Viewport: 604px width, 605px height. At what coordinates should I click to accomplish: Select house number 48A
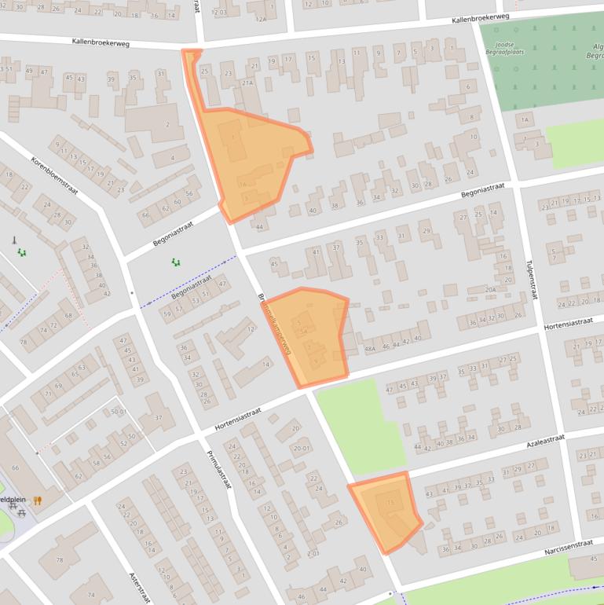(370, 348)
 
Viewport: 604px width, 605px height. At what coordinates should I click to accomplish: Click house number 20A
(490, 290)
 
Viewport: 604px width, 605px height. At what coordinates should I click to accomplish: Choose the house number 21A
(247, 82)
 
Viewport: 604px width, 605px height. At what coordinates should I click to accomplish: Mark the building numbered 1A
(525, 119)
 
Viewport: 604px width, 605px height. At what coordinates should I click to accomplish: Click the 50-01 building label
(119, 412)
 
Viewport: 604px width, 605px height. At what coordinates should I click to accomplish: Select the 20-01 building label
(302, 449)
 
